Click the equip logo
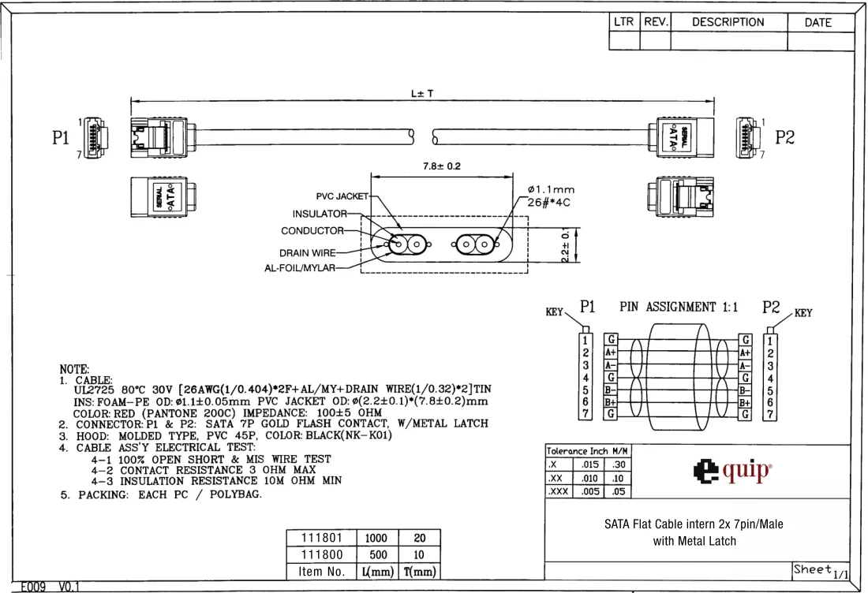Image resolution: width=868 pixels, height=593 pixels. pyautogui.click(x=731, y=472)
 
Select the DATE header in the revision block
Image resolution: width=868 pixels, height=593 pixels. pyautogui.click(x=817, y=23)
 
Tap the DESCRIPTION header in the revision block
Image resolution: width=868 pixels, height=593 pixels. pyautogui.click(x=728, y=22)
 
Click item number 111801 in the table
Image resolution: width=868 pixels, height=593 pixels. pyautogui.click(x=322, y=538)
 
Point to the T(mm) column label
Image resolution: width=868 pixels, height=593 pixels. pyautogui.click(x=420, y=572)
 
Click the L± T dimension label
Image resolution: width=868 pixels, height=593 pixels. pyautogui.click(x=422, y=94)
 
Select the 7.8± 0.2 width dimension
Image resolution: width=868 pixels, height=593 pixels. pyautogui.click(x=442, y=166)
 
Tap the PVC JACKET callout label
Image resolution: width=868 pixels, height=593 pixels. pyautogui.click(x=342, y=196)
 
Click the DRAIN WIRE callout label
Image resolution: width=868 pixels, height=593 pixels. pyautogui.click(x=307, y=253)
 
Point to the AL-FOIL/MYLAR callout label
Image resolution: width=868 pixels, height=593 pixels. pyautogui.click(x=300, y=268)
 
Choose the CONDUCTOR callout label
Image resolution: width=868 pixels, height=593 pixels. pyautogui.click(x=312, y=231)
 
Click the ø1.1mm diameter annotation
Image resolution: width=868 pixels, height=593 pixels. pyautogui.click(x=551, y=190)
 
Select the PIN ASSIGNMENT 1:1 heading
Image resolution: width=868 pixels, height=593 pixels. pyautogui.click(x=679, y=307)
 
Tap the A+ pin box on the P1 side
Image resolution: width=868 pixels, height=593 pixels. pyautogui.click(x=610, y=352)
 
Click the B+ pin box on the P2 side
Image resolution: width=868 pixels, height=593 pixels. pyautogui.click(x=745, y=402)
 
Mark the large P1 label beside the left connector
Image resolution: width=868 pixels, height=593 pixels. pyautogui.click(x=60, y=138)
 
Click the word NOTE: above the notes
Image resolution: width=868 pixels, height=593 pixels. pyautogui.click(x=74, y=369)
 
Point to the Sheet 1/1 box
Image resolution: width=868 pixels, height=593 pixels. pyautogui.click(x=821, y=571)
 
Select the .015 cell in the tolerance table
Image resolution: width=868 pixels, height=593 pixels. pyautogui.click(x=589, y=464)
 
